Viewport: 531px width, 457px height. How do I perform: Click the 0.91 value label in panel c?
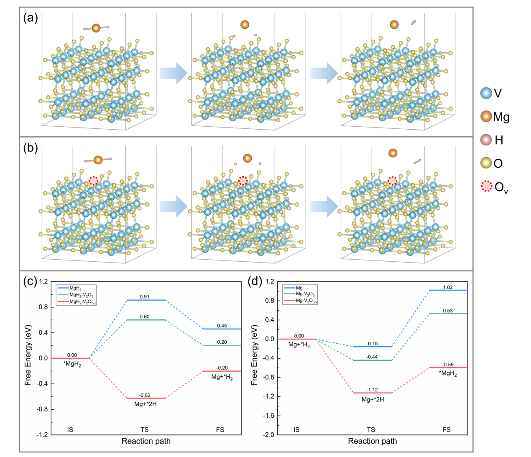click(145, 296)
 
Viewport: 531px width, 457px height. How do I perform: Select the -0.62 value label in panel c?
click(145, 395)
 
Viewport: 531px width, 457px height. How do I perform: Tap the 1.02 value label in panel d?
click(448, 287)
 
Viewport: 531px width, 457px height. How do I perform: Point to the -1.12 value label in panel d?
click(372, 390)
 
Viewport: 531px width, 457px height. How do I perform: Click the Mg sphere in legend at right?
click(486, 117)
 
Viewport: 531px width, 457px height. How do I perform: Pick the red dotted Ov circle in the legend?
click(487, 186)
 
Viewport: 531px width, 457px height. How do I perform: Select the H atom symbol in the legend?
click(486, 140)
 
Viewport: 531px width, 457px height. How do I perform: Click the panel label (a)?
click(31, 18)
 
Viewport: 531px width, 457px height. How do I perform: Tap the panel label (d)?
click(255, 281)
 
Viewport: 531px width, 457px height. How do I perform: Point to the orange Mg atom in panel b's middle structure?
click(248, 158)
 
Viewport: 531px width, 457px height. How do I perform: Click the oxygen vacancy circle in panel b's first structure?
click(93, 181)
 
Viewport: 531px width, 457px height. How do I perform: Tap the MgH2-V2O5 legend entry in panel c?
click(81, 295)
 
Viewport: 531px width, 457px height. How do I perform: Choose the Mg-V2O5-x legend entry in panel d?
click(306, 301)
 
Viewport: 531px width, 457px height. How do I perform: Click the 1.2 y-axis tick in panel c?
click(43, 282)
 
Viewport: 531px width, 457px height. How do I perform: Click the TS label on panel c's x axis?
click(144, 430)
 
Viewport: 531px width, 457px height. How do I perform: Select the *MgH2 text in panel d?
click(448, 373)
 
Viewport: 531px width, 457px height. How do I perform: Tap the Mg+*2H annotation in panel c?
click(146, 404)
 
